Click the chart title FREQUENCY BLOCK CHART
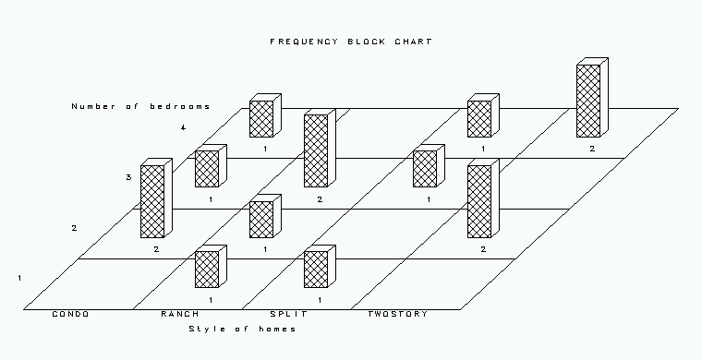click(351, 42)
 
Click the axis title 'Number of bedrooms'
click(140, 106)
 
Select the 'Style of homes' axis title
click(242, 330)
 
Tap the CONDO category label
click(71, 314)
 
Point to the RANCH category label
click(180, 314)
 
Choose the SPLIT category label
click(289, 314)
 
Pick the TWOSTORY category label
click(397, 314)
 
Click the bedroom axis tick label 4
click(183, 128)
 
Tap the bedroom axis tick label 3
click(128, 177)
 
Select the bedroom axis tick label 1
click(19, 278)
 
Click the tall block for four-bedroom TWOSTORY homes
click(592, 98)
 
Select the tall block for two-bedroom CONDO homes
click(156, 198)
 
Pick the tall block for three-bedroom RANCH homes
click(320, 148)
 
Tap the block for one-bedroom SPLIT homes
click(320, 266)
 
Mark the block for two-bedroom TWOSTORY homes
click(483, 198)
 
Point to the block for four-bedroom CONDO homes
click(265, 115)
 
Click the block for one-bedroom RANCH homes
click(211, 266)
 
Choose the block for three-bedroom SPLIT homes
click(429, 165)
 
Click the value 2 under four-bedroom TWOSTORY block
click(592, 149)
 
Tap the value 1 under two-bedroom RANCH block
click(265, 249)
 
